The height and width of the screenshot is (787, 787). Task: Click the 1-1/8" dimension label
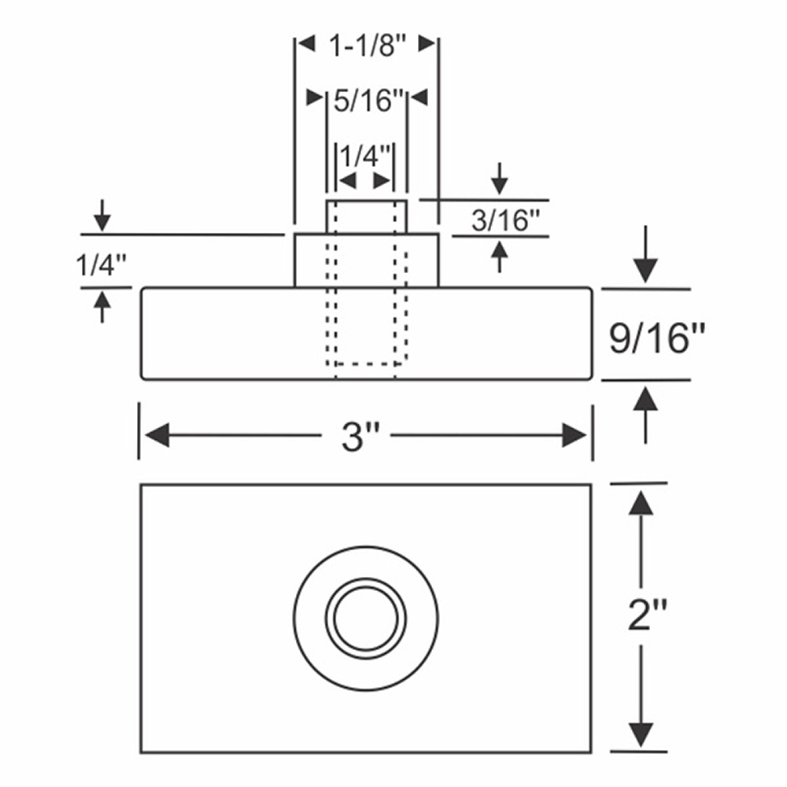click(x=366, y=46)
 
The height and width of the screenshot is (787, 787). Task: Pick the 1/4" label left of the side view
click(x=99, y=266)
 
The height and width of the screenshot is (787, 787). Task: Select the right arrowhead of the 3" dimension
click(x=575, y=435)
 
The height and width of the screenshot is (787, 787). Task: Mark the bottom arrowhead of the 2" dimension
click(x=642, y=735)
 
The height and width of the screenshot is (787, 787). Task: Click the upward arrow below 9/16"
click(x=645, y=401)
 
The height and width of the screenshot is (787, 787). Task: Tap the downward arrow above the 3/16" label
click(x=499, y=181)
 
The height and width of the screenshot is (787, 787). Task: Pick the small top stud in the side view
click(x=367, y=216)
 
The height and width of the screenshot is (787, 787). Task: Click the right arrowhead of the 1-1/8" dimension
click(x=427, y=44)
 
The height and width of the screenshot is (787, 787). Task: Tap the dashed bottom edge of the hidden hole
click(x=367, y=364)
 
